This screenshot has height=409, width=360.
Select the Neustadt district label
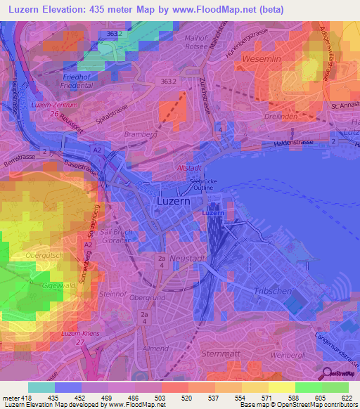[x=185, y=259]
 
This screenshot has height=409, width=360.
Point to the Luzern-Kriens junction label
[x=78, y=332]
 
